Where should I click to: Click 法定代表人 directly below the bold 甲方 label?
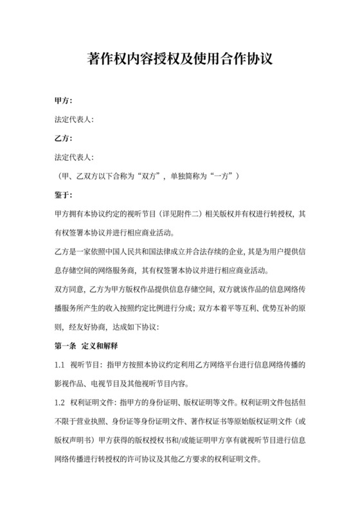(75, 120)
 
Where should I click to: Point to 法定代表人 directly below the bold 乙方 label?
(75, 157)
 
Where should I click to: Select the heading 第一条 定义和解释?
(90, 346)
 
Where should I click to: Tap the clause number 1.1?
(60, 365)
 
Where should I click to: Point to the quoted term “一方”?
(226, 175)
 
